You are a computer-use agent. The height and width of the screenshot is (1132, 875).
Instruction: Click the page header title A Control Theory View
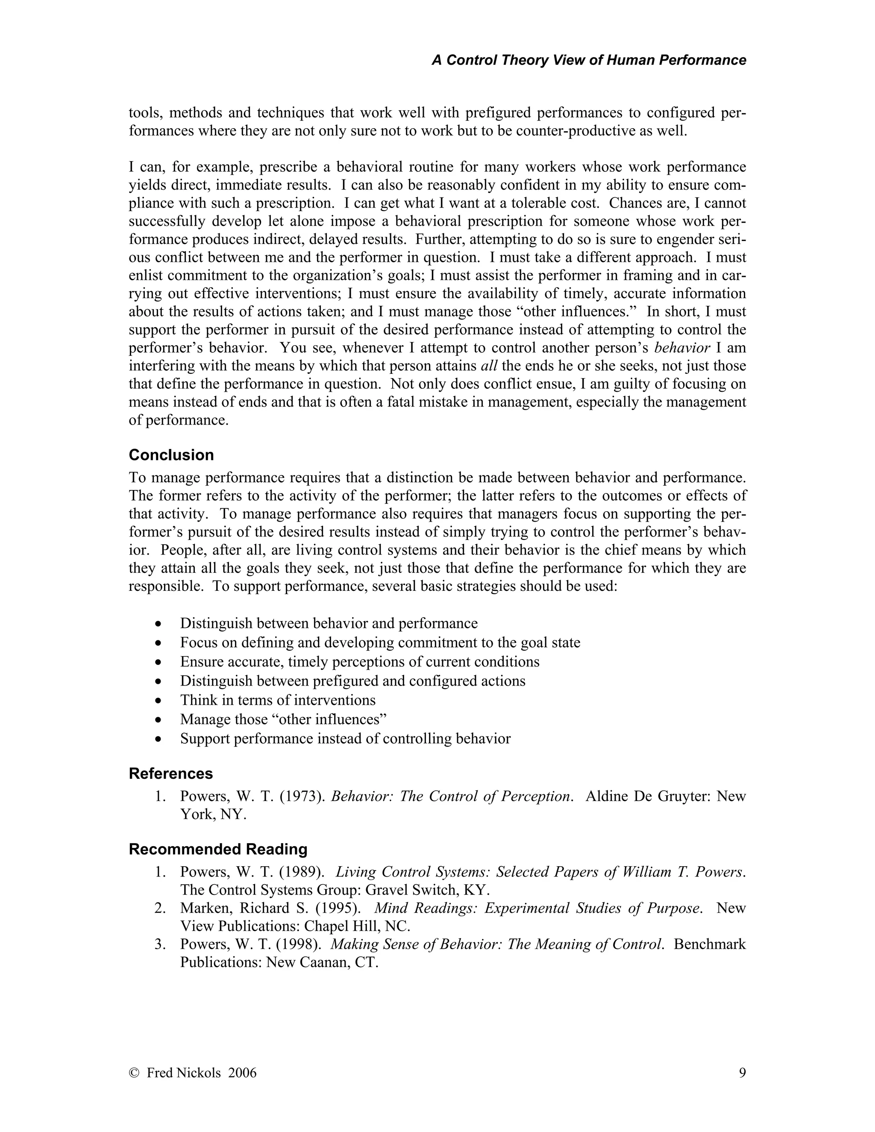point(588,60)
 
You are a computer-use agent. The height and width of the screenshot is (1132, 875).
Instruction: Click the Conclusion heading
point(171,455)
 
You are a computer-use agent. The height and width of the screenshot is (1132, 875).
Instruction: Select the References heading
point(170,773)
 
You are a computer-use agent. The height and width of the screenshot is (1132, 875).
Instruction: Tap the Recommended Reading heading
point(218,849)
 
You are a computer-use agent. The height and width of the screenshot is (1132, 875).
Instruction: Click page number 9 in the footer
point(742,1072)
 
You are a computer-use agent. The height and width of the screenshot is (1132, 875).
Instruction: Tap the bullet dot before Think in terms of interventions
point(158,701)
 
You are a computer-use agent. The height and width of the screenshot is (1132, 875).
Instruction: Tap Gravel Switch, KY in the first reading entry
point(427,890)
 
